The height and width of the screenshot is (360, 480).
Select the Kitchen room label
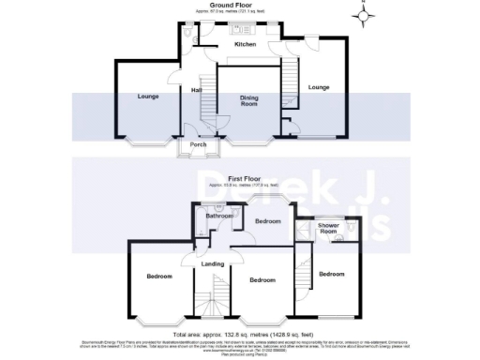point(245,44)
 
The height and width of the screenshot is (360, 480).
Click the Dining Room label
point(248,100)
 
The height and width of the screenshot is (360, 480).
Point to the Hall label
point(197,90)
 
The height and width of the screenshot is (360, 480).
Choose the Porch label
point(198,144)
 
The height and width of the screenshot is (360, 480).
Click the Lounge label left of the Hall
point(146,97)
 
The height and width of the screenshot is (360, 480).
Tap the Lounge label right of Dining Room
point(318,87)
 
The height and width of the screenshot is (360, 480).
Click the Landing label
point(214,263)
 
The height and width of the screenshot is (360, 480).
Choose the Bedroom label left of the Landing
point(158,277)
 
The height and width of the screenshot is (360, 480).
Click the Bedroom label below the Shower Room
point(331,274)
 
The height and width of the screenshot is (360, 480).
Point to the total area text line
point(240,334)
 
